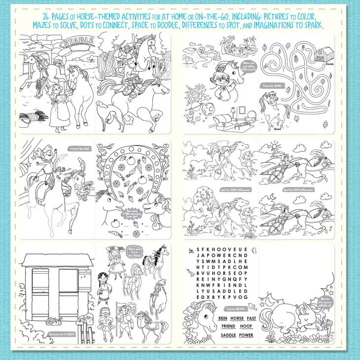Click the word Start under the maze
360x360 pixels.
(278, 130)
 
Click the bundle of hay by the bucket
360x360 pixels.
(33, 117)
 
